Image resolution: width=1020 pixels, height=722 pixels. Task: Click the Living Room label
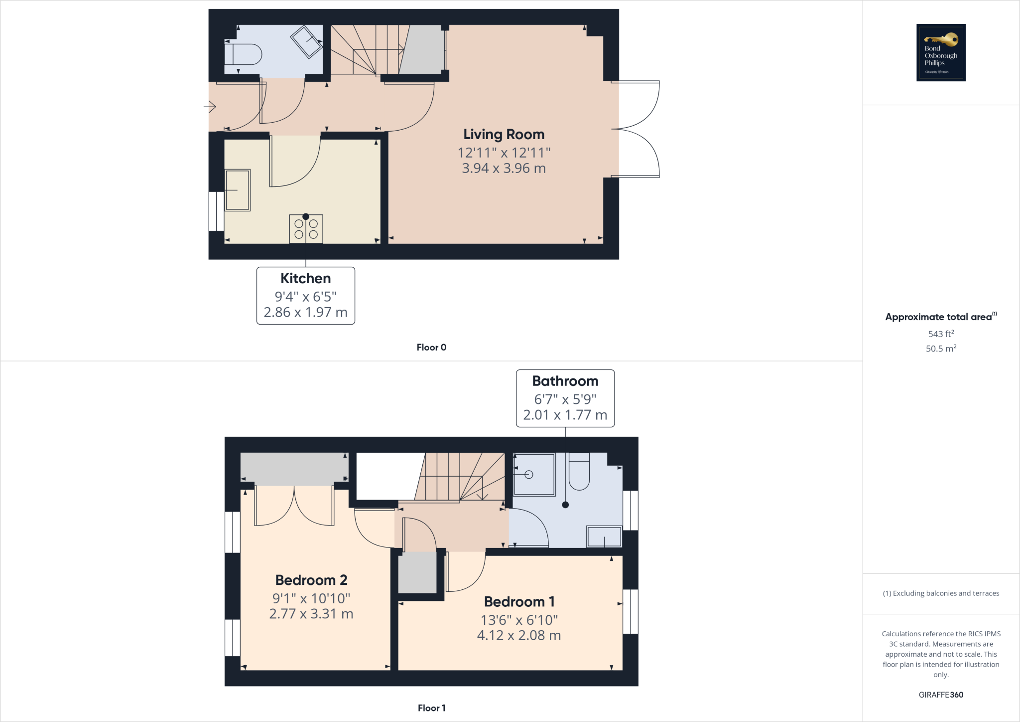click(x=504, y=134)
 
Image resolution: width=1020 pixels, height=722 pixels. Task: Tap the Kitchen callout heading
click(x=305, y=278)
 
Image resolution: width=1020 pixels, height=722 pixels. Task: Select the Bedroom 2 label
click(x=311, y=580)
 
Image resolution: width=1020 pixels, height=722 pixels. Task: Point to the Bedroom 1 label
click(x=519, y=602)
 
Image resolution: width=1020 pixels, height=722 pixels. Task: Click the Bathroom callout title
click(x=565, y=381)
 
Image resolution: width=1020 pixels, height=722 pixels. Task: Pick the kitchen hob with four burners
click(x=306, y=229)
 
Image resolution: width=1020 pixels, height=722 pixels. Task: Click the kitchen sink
click(x=238, y=190)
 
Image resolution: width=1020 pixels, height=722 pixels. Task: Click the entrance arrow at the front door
click(x=210, y=106)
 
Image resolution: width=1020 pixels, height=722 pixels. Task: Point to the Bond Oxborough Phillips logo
click(x=941, y=52)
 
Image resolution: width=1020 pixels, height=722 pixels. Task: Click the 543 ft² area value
click(x=941, y=334)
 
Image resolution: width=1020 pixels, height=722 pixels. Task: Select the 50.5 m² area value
click(x=941, y=349)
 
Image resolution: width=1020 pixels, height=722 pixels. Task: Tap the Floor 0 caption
click(x=431, y=348)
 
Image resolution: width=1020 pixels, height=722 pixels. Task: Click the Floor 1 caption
click(x=431, y=708)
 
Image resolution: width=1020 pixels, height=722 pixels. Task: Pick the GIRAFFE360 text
click(x=941, y=695)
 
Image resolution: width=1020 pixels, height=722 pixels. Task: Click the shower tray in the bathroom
click(x=534, y=474)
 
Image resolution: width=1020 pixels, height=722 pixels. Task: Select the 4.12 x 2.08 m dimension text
click(x=519, y=635)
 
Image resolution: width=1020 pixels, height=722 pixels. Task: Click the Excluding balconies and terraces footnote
click(x=941, y=593)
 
